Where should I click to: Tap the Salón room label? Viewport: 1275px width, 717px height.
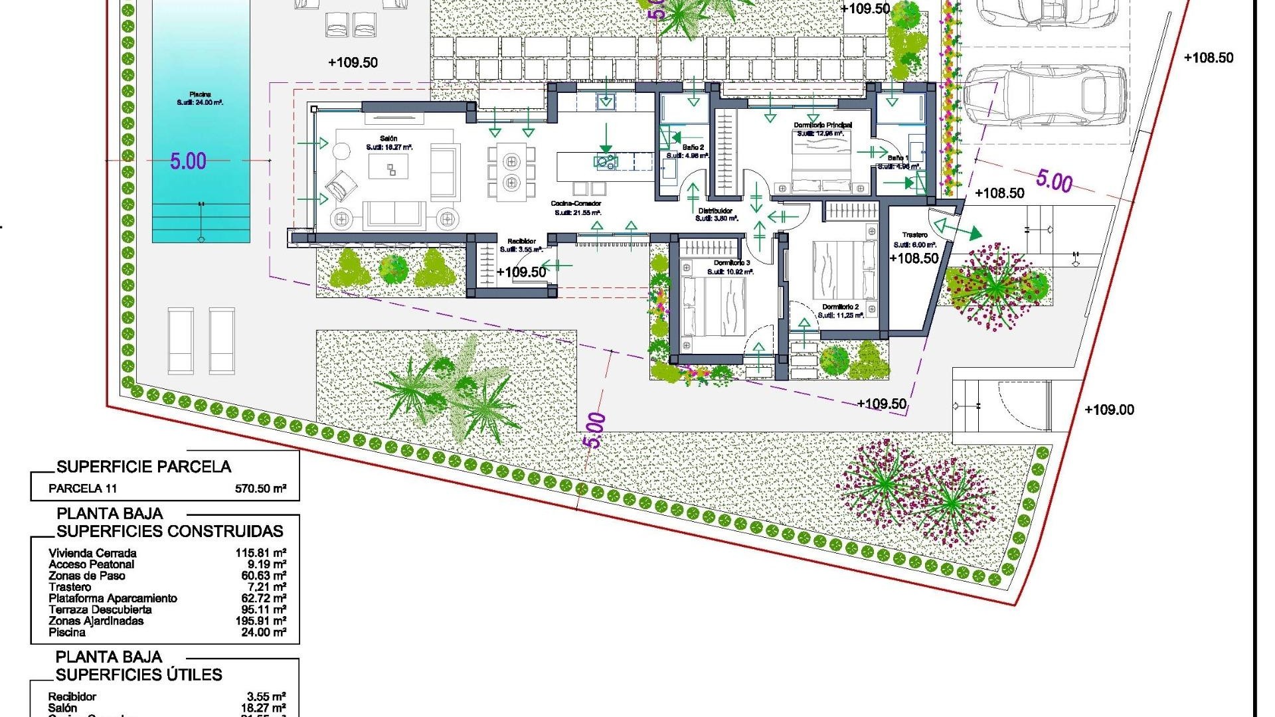click(388, 138)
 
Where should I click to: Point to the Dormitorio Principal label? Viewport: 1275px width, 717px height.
click(823, 125)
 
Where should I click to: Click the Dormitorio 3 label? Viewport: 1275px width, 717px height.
click(732, 263)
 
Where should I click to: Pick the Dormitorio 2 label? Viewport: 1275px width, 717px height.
click(840, 307)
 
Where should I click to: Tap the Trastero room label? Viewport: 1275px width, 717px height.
click(914, 235)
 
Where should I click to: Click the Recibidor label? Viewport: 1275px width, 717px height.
click(521, 242)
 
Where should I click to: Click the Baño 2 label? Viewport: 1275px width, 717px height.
click(693, 148)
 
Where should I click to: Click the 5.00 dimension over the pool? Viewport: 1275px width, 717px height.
click(188, 161)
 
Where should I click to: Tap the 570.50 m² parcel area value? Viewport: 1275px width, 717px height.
click(260, 489)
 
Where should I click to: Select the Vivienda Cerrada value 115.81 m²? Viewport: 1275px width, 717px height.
click(260, 553)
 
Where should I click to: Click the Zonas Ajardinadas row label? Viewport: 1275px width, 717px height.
click(96, 621)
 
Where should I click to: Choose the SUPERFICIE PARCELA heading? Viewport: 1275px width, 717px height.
click(143, 467)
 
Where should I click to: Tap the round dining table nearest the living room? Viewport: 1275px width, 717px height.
click(511, 161)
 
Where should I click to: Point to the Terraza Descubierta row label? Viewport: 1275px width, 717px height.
click(100, 610)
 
